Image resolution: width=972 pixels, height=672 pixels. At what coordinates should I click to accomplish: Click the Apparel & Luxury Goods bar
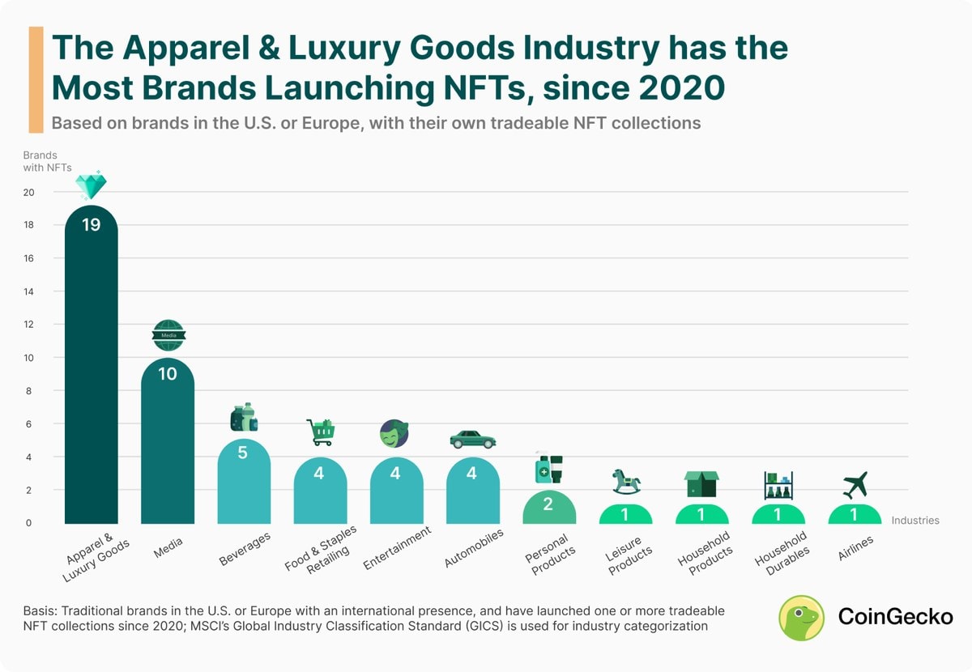tap(91, 364)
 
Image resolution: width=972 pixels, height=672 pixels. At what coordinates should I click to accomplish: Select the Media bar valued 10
tap(168, 440)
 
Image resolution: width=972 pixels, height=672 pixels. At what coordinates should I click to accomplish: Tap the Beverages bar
tap(244, 481)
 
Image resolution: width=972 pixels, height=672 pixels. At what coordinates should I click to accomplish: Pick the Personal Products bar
tap(549, 507)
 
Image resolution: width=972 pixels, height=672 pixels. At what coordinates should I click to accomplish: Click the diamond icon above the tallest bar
tap(91, 185)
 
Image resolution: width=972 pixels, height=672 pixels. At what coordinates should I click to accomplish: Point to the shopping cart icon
tap(321, 432)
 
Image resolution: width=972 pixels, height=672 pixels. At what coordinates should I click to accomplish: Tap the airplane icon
tap(855, 485)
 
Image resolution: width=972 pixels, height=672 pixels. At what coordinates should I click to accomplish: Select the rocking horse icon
tap(626, 482)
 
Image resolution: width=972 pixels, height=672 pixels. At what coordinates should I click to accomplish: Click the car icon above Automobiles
tap(473, 439)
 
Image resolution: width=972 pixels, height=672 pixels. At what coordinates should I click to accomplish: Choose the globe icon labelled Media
tap(168, 335)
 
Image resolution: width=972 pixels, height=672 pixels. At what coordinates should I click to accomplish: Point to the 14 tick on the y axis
tap(28, 291)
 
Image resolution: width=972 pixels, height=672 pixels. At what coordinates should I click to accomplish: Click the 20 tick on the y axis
tap(28, 192)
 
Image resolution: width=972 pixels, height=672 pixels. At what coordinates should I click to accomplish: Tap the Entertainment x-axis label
tap(397, 547)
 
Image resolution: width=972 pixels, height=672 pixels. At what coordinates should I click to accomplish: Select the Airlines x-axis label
tap(855, 548)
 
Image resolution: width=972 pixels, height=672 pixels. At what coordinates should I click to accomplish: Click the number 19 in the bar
tap(91, 225)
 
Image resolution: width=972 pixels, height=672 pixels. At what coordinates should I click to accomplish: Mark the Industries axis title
tap(915, 520)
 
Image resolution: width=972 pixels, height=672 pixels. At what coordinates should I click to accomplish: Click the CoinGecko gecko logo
tap(801, 618)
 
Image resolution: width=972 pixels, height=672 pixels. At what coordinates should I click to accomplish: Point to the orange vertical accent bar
tap(36, 80)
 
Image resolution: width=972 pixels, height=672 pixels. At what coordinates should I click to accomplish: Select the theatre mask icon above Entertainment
tap(394, 433)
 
